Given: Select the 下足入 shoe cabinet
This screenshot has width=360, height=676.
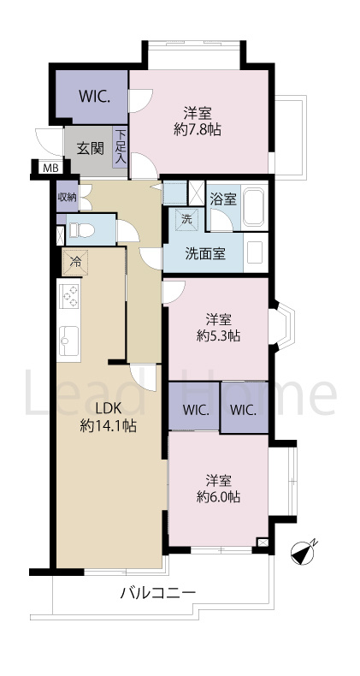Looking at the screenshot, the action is (121, 147).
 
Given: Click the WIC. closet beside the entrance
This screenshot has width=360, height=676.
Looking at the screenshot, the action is (91, 97).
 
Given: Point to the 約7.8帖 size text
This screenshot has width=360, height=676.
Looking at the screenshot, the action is (198, 130).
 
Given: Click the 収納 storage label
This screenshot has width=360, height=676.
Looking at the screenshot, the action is (68, 198).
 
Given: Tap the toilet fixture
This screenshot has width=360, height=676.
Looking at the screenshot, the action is (82, 229).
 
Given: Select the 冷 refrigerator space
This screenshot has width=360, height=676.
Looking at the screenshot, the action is (75, 262).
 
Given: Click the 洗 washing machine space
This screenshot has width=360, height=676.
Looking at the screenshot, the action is (187, 219).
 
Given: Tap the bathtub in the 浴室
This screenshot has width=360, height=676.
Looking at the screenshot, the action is (253, 206).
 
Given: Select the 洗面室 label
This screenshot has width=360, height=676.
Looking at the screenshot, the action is (205, 254).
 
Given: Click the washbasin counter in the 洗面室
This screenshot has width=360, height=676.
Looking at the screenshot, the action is (256, 252).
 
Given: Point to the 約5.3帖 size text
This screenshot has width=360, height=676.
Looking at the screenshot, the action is (218, 336).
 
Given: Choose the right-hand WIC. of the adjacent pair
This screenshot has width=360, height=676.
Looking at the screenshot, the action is (244, 410).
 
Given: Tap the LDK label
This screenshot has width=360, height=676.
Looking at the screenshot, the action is (109, 408).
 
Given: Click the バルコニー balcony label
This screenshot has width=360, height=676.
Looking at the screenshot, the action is (157, 594).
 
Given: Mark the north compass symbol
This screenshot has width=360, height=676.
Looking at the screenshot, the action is (304, 553).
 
